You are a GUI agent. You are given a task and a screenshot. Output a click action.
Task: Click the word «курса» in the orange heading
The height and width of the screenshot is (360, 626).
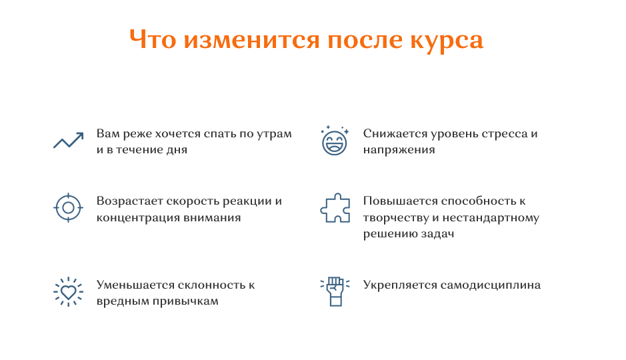pos(447,41)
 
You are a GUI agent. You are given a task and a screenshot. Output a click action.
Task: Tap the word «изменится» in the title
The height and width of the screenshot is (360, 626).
pos(252,40)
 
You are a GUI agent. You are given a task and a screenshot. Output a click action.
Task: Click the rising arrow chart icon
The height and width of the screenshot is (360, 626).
pos(68,141)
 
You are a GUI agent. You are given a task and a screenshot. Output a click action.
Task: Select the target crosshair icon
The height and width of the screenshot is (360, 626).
pos(68,207)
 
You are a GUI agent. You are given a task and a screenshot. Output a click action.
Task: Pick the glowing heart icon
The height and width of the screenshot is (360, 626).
pos(68,292)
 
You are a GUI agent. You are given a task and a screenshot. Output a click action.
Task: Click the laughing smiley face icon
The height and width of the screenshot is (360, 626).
pos(335,141)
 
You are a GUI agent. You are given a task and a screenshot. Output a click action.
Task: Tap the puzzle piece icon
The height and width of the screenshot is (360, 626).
pos(335,207)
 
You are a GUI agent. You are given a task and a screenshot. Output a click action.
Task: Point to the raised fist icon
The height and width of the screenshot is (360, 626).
pos(335,292)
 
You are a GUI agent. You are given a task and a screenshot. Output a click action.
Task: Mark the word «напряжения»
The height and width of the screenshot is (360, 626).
pos(399,151)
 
